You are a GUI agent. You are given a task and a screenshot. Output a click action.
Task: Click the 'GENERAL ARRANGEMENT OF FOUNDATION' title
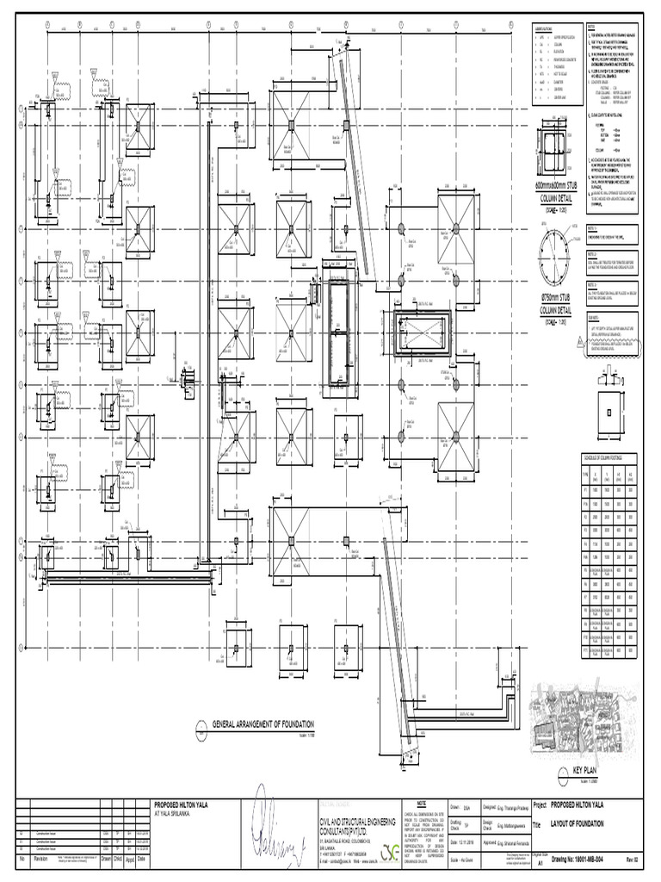pyautogui.click(x=263, y=725)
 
